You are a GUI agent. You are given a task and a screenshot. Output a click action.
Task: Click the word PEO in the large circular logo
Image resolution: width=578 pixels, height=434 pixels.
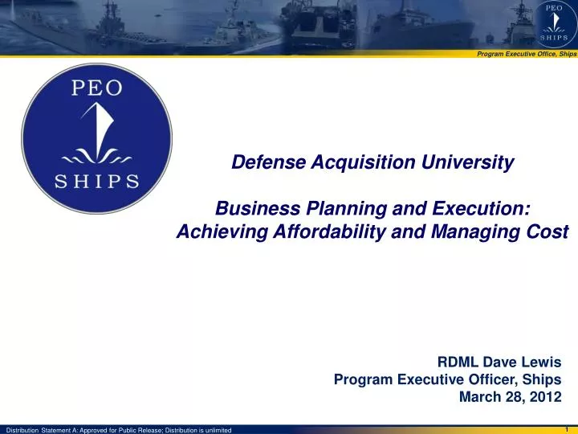97,88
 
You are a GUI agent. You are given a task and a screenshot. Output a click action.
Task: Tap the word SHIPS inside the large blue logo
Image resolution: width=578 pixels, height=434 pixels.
97,180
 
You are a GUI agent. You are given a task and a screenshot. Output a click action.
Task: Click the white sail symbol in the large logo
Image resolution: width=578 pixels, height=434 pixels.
97,129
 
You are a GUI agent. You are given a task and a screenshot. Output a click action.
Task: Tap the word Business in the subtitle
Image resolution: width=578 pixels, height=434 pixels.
250,208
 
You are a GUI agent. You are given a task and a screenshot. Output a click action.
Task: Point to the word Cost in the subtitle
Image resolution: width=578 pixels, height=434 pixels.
550,231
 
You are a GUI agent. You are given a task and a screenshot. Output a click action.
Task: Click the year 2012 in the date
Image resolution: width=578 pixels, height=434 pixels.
545,396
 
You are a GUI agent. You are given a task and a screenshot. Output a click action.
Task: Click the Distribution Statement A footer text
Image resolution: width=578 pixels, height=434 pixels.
119,428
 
